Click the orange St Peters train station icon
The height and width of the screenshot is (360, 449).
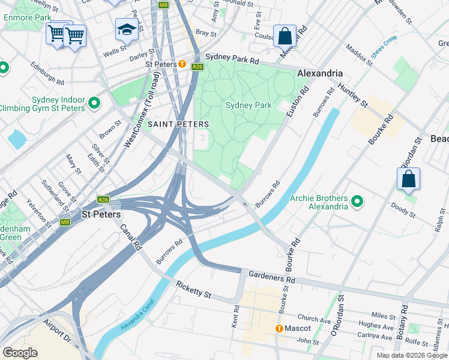[181, 64]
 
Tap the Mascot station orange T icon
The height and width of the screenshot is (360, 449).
[279, 328]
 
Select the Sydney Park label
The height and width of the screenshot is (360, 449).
[249, 105]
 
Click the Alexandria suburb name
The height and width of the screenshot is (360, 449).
[321, 73]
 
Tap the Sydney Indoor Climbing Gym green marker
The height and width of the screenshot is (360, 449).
[94, 103]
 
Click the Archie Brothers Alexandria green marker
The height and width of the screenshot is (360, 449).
[357, 202]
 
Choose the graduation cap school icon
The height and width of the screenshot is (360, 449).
[127, 29]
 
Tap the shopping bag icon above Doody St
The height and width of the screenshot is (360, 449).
[408, 179]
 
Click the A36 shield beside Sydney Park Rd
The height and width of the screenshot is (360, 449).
[197, 67]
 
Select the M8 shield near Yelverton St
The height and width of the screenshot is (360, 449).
[65, 222]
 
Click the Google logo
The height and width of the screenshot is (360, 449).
[20, 352]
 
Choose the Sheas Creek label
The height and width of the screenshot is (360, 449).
[384, 46]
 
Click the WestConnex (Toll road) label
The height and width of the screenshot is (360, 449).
[141, 111]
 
